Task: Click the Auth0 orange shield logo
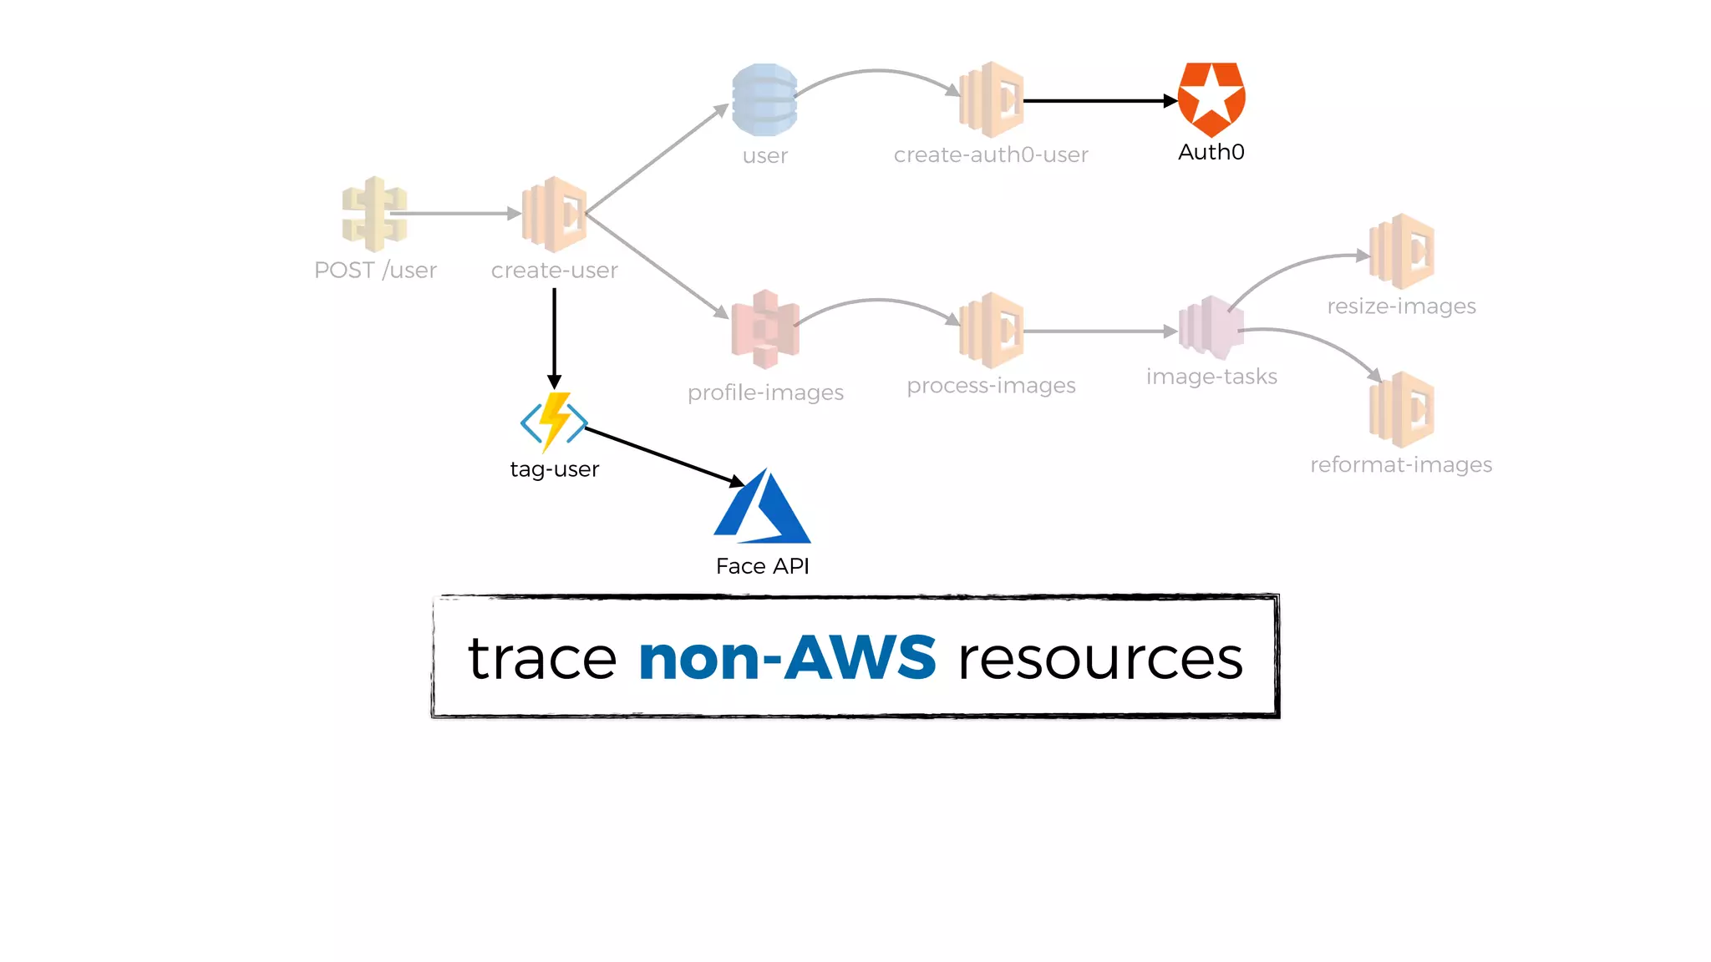(x=1211, y=99)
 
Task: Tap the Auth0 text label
(x=1211, y=152)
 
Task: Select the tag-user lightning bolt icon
(x=554, y=422)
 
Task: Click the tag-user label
(x=554, y=469)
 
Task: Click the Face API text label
(x=763, y=566)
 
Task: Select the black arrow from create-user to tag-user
(x=554, y=338)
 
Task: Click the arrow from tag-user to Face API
(x=664, y=456)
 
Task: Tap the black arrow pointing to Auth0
(x=1099, y=101)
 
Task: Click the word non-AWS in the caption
(x=787, y=658)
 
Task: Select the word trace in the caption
(x=542, y=658)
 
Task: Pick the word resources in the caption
(x=1100, y=658)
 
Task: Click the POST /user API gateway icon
(x=374, y=214)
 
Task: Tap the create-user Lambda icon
(x=554, y=214)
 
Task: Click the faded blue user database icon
(x=764, y=99)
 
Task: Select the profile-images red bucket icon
(x=764, y=330)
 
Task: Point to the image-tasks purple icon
(x=1211, y=328)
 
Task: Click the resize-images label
(x=1401, y=306)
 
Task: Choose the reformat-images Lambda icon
(x=1401, y=409)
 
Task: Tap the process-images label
(x=991, y=386)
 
